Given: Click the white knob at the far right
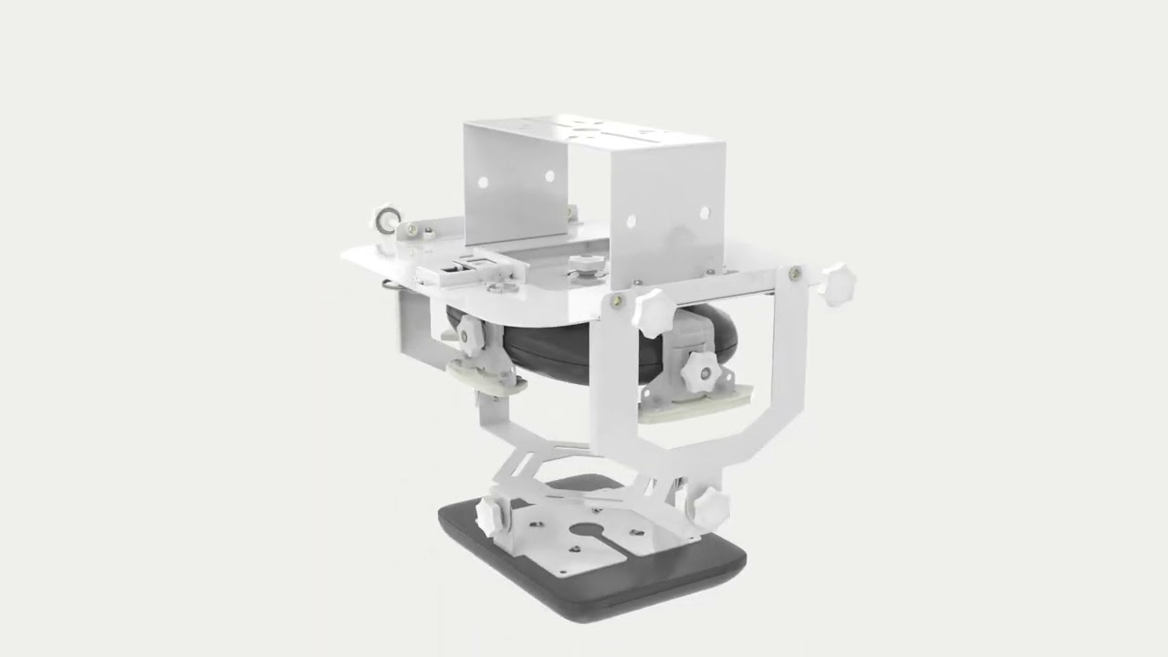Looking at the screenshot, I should click(836, 284).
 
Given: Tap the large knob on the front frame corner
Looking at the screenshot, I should click(655, 313).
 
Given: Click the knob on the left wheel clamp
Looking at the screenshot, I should click(471, 336).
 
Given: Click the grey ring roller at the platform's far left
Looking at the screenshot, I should click(384, 220).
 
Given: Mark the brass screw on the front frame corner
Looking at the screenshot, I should click(620, 300).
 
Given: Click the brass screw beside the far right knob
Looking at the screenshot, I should click(795, 272).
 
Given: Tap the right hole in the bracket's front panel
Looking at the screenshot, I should click(704, 213).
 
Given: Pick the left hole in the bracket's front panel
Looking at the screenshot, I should click(630, 221).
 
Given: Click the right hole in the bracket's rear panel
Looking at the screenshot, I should click(549, 175).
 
